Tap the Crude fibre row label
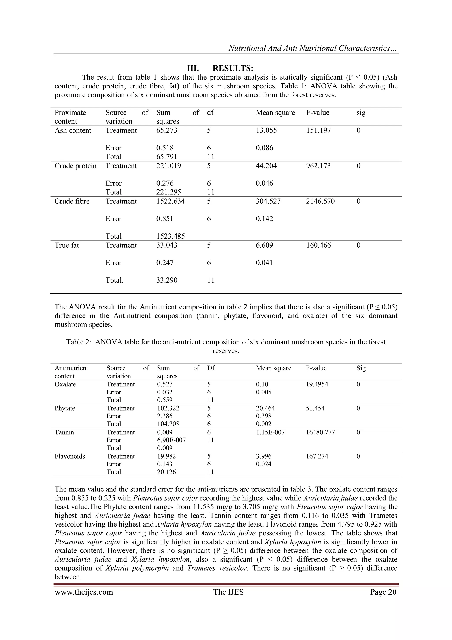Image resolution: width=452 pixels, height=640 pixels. [x=72, y=201]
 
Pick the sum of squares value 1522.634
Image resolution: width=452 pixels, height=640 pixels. [x=170, y=201]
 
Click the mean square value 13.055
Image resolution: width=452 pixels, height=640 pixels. [x=266, y=130]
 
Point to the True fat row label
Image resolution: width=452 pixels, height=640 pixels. [x=67, y=245]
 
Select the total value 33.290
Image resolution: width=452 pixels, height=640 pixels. [x=167, y=280]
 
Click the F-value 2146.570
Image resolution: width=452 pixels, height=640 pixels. [x=320, y=201]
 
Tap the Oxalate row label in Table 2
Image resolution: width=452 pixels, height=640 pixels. [x=65, y=384]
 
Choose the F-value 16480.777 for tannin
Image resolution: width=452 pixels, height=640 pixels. [x=320, y=432]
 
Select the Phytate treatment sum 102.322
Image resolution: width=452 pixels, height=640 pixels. [x=168, y=408]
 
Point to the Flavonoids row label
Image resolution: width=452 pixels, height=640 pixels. [x=70, y=456]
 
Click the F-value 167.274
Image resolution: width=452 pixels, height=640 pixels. [x=317, y=456]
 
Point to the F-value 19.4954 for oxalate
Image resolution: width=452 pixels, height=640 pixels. [x=317, y=384]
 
